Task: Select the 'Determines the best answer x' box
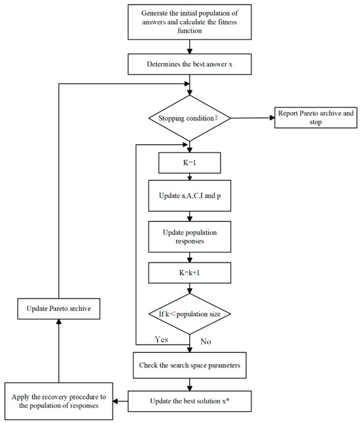[189, 64]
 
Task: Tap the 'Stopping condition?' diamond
[189, 118]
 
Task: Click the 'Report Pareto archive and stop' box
[315, 118]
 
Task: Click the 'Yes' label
[161, 340]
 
